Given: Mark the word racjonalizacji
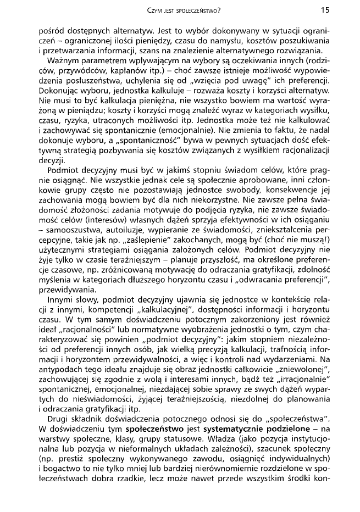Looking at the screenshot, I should click(304, 153).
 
